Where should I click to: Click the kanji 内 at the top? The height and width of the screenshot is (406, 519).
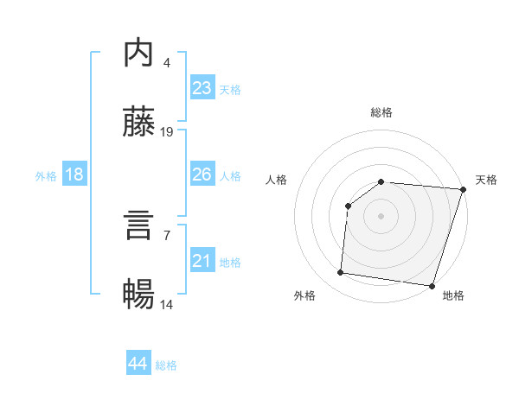point(139,54)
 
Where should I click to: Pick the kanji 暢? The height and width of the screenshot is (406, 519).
point(139,295)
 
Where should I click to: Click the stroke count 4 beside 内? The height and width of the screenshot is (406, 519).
point(166,63)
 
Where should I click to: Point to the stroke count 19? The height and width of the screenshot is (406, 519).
point(167,132)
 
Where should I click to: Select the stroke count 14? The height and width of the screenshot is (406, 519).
point(167,305)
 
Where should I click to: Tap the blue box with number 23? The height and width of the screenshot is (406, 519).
point(202,88)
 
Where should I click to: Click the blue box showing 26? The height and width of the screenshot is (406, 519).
point(202,174)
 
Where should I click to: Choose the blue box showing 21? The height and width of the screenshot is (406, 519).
point(202,261)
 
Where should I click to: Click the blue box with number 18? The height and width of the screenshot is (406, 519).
point(74,174)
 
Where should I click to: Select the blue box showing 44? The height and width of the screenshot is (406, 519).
point(138,364)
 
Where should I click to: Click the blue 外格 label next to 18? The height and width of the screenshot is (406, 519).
point(46,175)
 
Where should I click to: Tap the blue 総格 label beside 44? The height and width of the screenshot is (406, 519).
point(166,365)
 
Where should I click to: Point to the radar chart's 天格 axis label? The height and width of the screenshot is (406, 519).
point(486,180)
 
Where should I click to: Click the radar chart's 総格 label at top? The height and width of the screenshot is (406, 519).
point(381,112)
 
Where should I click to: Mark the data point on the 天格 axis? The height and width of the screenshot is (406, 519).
point(463,189)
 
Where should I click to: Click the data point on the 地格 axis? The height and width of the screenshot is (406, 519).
point(432,285)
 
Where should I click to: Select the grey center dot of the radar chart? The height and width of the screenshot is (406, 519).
point(381,215)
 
